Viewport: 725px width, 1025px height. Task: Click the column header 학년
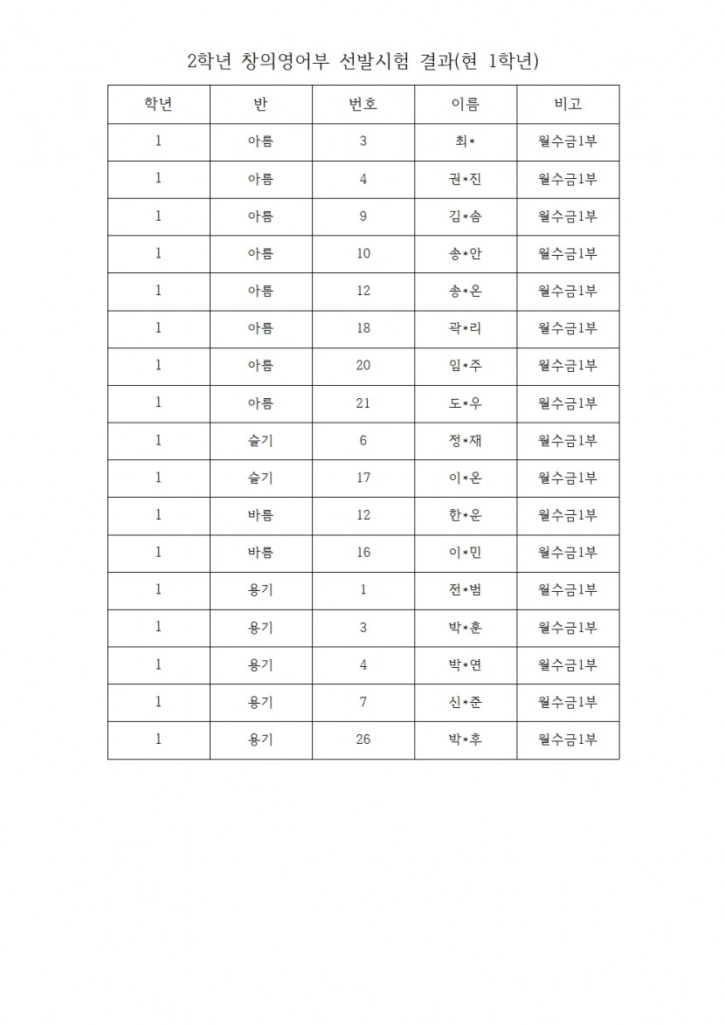158,105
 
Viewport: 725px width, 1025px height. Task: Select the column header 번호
363,105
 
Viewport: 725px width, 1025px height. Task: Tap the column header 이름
466,105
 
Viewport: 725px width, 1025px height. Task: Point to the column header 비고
568,105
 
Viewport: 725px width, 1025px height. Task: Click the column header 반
260,105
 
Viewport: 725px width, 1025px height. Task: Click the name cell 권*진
466,180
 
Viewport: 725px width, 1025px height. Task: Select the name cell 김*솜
466,217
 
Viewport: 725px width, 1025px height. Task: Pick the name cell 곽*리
466,328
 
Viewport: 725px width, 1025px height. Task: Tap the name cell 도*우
466,403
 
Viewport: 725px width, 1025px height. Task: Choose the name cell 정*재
466,440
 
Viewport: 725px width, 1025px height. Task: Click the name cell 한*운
466,515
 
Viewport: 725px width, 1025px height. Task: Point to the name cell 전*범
466,590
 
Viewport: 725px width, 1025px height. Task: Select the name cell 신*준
466,702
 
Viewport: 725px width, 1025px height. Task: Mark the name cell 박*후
466,740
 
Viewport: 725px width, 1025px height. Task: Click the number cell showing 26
363,740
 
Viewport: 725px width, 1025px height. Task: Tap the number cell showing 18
363,328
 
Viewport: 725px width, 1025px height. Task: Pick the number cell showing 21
363,403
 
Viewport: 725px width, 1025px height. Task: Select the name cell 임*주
466,366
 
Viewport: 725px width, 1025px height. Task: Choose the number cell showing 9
363,217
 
